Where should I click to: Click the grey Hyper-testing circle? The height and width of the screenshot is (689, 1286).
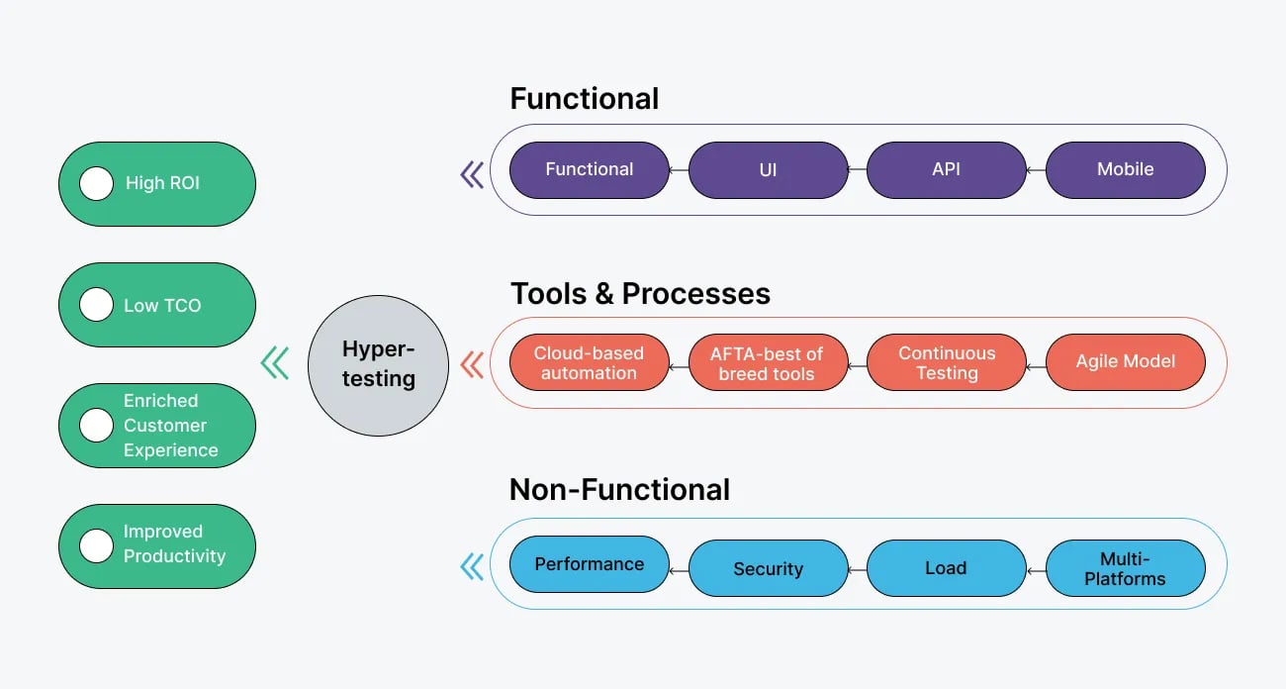[x=378, y=363]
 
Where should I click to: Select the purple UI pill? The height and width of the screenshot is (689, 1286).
[x=768, y=169]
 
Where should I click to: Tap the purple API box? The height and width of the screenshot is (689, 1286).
[x=947, y=169]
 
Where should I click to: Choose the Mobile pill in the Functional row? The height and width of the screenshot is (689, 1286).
[x=1125, y=169]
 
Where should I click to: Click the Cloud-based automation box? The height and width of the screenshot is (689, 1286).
[x=589, y=363]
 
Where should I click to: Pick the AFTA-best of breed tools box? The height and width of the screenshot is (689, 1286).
[x=768, y=363]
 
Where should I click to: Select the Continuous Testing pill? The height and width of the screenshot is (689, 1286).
[x=947, y=363]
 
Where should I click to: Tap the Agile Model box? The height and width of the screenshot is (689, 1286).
[x=1125, y=362]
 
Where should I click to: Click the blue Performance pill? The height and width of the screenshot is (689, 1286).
[x=589, y=564]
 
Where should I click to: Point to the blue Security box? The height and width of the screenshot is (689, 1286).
[x=768, y=568]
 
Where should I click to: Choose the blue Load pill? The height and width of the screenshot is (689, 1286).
[x=947, y=568]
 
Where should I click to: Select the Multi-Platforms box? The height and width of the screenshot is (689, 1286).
[x=1125, y=568]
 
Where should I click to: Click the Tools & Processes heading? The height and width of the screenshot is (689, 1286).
[x=640, y=294]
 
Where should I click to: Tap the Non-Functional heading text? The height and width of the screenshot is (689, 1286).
[x=619, y=490]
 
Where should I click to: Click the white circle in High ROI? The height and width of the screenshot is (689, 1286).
[x=96, y=183]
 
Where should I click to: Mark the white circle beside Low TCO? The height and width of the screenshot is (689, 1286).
[x=96, y=305]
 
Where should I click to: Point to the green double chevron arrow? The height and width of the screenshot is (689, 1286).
[x=275, y=363]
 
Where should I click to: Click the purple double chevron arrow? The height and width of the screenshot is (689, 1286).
[x=473, y=175]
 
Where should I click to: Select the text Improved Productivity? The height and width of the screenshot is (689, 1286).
[x=174, y=544]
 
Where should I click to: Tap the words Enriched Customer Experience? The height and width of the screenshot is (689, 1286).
[x=170, y=426]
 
